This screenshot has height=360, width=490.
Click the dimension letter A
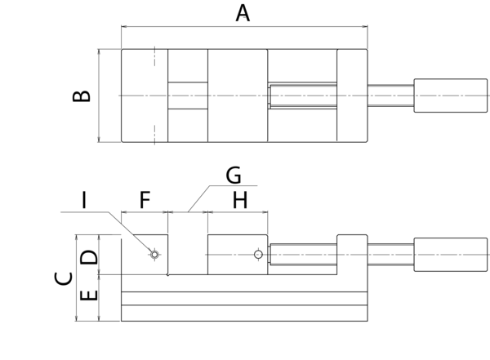coord(243,13)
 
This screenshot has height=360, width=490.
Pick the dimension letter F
coord(144,199)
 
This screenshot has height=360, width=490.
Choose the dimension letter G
coord(234,175)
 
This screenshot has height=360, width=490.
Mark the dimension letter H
coord(239,199)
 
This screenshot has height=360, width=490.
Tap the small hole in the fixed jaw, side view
coord(154,255)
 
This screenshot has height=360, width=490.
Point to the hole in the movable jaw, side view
coord(258,255)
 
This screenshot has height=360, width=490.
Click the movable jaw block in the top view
coord(238,96)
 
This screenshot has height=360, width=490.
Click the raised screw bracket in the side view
coord(352,255)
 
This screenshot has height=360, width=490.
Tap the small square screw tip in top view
coord(270,96)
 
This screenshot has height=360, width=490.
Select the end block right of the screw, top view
coord(352,96)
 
